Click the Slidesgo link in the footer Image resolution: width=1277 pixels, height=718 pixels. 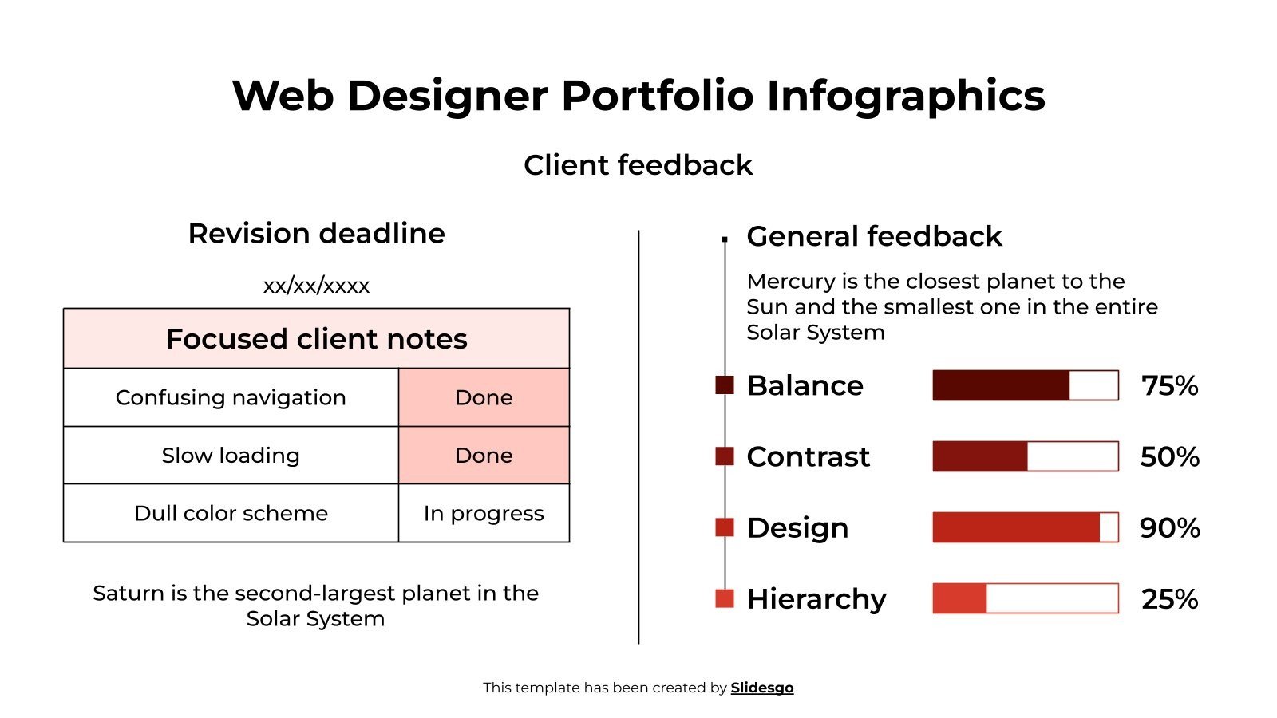pyautogui.click(x=761, y=688)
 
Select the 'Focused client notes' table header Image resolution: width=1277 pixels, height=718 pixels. pyautogui.click(x=316, y=339)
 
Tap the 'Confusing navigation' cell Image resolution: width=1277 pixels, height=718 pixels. pyautogui.click(x=231, y=397)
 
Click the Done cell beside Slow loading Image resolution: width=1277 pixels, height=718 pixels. pyautogui.click(x=484, y=456)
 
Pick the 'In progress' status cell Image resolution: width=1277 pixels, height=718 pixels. pyautogui.click(x=484, y=513)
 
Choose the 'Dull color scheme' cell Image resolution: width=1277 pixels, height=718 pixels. pyautogui.click(x=231, y=513)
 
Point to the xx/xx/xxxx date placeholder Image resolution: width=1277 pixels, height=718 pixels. pyautogui.click(x=316, y=286)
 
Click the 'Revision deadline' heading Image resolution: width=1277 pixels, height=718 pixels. pyautogui.click(x=316, y=234)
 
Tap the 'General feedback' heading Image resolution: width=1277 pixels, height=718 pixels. pyautogui.click(x=874, y=236)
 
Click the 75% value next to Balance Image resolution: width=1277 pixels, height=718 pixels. pyautogui.click(x=1169, y=385)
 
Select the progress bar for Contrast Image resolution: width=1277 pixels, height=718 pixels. pyautogui.click(x=1025, y=456)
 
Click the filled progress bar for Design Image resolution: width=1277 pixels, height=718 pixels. pyautogui.click(x=1016, y=527)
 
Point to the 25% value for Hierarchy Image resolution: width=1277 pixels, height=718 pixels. pyautogui.click(x=1169, y=599)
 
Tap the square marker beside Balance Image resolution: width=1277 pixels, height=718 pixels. pyautogui.click(x=725, y=385)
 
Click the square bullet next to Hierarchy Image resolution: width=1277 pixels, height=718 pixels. pyautogui.click(x=725, y=598)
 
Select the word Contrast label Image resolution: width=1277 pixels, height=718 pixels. pyautogui.click(x=808, y=456)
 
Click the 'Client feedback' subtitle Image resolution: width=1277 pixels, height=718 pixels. pyautogui.click(x=638, y=165)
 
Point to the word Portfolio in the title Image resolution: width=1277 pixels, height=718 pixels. pyautogui.click(x=657, y=96)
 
